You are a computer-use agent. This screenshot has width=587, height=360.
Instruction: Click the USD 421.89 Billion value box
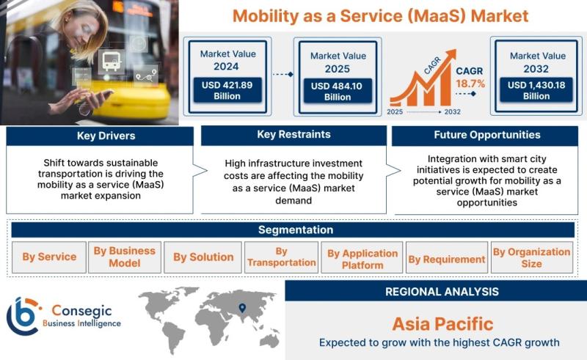[x=227, y=90]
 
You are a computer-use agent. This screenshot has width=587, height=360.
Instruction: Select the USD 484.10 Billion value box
[x=338, y=91]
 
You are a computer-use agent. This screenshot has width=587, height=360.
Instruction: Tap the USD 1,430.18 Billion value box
[x=536, y=90]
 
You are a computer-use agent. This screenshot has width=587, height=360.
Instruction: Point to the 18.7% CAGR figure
[x=470, y=84]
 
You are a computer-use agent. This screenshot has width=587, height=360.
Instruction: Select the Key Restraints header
[x=294, y=135]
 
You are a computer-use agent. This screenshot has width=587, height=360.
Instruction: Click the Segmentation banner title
[x=296, y=229]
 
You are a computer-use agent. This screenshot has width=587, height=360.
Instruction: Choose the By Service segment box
[x=49, y=257]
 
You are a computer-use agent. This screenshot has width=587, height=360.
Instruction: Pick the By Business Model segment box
[x=125, y=257]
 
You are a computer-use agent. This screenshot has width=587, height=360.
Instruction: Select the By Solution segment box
[x=203, y=257]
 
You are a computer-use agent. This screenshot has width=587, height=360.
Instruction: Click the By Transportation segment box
[x=281, y=257]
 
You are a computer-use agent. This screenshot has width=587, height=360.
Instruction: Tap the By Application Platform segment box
[x=362, y=257]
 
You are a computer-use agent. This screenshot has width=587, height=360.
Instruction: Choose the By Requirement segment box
[x=447, y=257]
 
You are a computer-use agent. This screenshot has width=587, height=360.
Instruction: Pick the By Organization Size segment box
[x=531, y=257]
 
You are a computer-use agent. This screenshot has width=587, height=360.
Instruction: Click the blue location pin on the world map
[x=242, y=308]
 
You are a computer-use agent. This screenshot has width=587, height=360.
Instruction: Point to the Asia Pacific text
[x=442, y=324]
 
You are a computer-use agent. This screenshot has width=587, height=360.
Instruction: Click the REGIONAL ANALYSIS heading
[x=442, y=292]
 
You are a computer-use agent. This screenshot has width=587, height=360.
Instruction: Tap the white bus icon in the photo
[x=112, y=62]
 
